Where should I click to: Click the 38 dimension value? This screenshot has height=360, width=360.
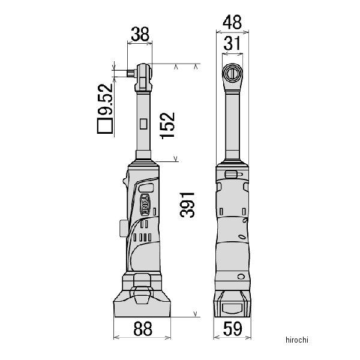point(140,34)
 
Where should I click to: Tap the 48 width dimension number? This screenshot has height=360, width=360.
point(232,22)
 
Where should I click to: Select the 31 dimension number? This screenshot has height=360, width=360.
point(232,43)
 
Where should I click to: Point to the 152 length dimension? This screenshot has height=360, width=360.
point(167,125)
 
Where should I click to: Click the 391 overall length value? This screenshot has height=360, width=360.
point(187,205)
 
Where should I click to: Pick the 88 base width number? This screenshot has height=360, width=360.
point(143,329)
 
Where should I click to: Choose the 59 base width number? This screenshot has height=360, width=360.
point(232,329)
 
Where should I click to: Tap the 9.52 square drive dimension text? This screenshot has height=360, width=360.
point(106,99)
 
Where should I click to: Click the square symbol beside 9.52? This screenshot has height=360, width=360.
point(105,126)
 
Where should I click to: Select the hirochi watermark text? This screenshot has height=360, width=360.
point(297,340)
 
